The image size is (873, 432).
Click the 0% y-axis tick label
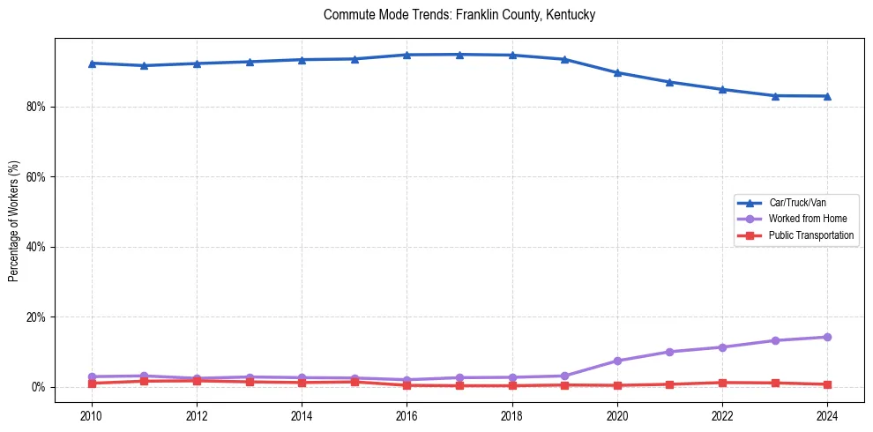[x=38, y=387]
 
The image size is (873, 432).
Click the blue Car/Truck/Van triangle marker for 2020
[x=617, y=72]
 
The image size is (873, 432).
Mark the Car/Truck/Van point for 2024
[x=827, y=96]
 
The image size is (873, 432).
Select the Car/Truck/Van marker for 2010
[x=92, y=63]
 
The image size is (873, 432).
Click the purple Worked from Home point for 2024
[x=827, y=337]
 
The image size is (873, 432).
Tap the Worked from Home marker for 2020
[x=617, y=361]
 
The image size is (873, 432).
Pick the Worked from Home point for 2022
[x=722, y=347]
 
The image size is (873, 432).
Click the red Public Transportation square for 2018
[x=512, y=385]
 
